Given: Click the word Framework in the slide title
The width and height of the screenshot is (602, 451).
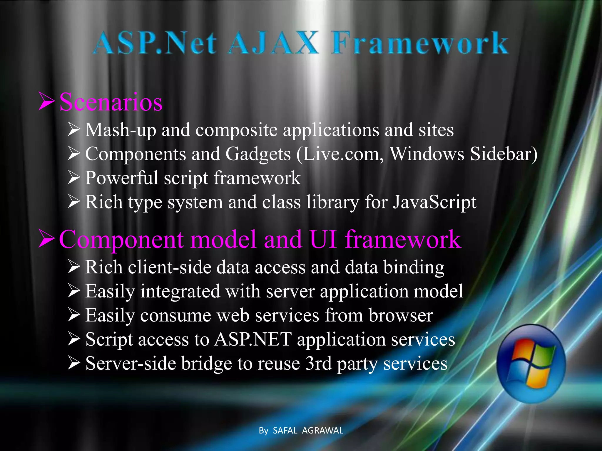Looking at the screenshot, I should click(420, 43).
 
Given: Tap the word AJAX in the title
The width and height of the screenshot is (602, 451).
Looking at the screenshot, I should click(273, 43).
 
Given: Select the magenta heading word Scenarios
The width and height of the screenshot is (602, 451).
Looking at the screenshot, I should click(111, 102).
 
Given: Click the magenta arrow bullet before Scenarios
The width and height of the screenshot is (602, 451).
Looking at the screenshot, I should click(47, 101).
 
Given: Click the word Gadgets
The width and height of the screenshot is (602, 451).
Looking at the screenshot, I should click(258, 154).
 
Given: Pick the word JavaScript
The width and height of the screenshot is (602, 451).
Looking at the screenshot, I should click(435, 202).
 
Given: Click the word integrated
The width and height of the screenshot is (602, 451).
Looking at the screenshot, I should click(180, 292).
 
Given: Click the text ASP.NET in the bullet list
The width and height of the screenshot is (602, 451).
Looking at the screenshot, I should click(253, 340).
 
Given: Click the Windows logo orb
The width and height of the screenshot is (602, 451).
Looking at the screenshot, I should click(531, 364).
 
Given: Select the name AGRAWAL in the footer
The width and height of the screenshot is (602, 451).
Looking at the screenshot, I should click(322, 430).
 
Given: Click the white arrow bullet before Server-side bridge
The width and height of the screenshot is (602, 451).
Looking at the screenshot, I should click(74, 364).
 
